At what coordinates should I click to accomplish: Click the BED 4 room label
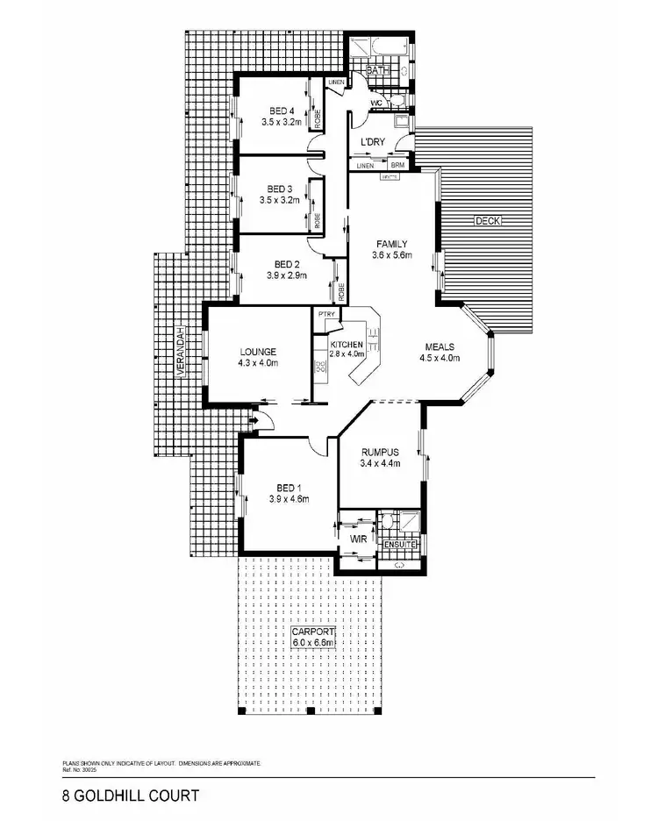(x=281, y=111)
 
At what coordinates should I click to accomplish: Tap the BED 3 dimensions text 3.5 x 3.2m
(x=280, y=200)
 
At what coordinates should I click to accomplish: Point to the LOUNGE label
(x=257, y=352)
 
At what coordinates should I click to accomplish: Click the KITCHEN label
(x=346, y=344)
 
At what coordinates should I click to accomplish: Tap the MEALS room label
(x=440, y=346)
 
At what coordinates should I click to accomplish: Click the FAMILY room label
(x=390, y=244)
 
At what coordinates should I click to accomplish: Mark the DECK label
(x=487, y=221)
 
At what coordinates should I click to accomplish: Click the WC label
(x=376, y=102)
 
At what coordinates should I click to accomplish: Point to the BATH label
(x=377, y=69)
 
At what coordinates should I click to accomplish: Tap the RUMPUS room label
(x=380, y=452)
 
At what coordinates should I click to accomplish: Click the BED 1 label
(x=285, y=488)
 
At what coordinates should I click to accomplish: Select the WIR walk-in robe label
(x=358, y=538)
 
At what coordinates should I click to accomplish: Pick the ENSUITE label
(x=401, y=546)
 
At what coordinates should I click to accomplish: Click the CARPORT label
(x=313, y=631)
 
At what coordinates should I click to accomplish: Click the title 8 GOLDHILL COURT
(x=124, y=796)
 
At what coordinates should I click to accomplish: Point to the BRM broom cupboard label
(x=397, y=165)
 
